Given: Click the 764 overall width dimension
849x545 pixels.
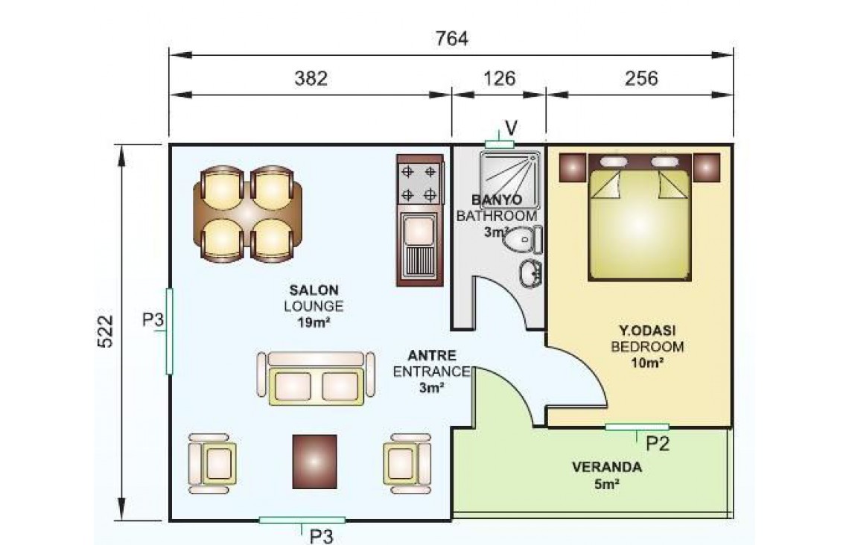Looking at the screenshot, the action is (451, 39).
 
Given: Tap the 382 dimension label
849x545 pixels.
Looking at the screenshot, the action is (311, 79).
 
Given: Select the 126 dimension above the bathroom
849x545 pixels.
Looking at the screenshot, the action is (499, 79).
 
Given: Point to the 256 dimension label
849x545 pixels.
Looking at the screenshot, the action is (641, 79).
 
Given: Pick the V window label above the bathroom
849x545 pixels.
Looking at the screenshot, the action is (511, 129).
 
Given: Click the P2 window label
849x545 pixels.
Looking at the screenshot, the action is (658, 444).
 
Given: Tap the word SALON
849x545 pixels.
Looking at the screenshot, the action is (314, 290).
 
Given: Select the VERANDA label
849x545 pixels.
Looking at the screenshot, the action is (607, 467).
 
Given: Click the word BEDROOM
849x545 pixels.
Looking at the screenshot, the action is (647, 347).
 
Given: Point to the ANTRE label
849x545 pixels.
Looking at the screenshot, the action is (431, 356).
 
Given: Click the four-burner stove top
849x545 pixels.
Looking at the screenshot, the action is (419, 183).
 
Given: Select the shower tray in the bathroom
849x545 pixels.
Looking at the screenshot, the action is (509, 180).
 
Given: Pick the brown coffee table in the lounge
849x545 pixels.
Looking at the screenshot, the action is (314, 462).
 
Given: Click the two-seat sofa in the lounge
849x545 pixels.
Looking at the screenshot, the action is (317, 377).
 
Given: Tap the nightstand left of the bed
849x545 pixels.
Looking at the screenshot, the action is (573, 168).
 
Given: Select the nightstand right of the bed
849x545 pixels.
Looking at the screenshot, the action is (707, 168).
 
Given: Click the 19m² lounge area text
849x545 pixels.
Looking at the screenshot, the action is (314, 323).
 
